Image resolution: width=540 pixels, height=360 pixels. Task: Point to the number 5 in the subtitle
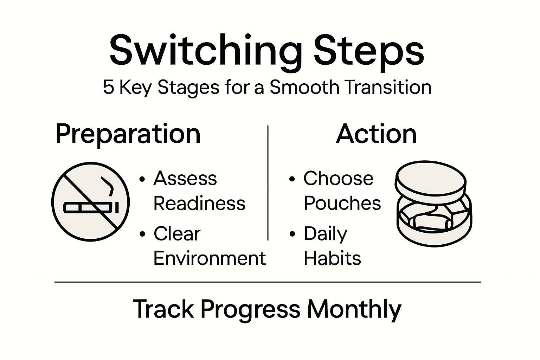(x=109, y=87)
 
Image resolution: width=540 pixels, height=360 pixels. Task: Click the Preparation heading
(x=128, y=134)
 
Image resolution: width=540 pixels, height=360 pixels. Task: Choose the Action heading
(x=376, y=134)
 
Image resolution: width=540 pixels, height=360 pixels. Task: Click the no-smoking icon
(x=91, y=202)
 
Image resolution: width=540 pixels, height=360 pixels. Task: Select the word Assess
(x=185, y=178)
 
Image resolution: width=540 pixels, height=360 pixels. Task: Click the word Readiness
(x=199, y=203)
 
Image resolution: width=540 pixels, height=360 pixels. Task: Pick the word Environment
(x=210, y=258)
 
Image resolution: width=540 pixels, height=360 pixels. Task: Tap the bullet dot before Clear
(x=142, y=234)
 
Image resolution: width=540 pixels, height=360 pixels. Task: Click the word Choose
(x=338, y=178)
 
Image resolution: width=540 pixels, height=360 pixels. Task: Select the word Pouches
(x=342, y=203)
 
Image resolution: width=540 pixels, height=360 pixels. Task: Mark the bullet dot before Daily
(x=292, y=234)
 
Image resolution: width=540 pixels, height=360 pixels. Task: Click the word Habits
(x=332, y=258)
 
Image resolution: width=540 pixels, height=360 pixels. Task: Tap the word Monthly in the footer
(x=354, y=309)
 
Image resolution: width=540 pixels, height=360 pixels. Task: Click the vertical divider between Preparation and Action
(x=268, y=183)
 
